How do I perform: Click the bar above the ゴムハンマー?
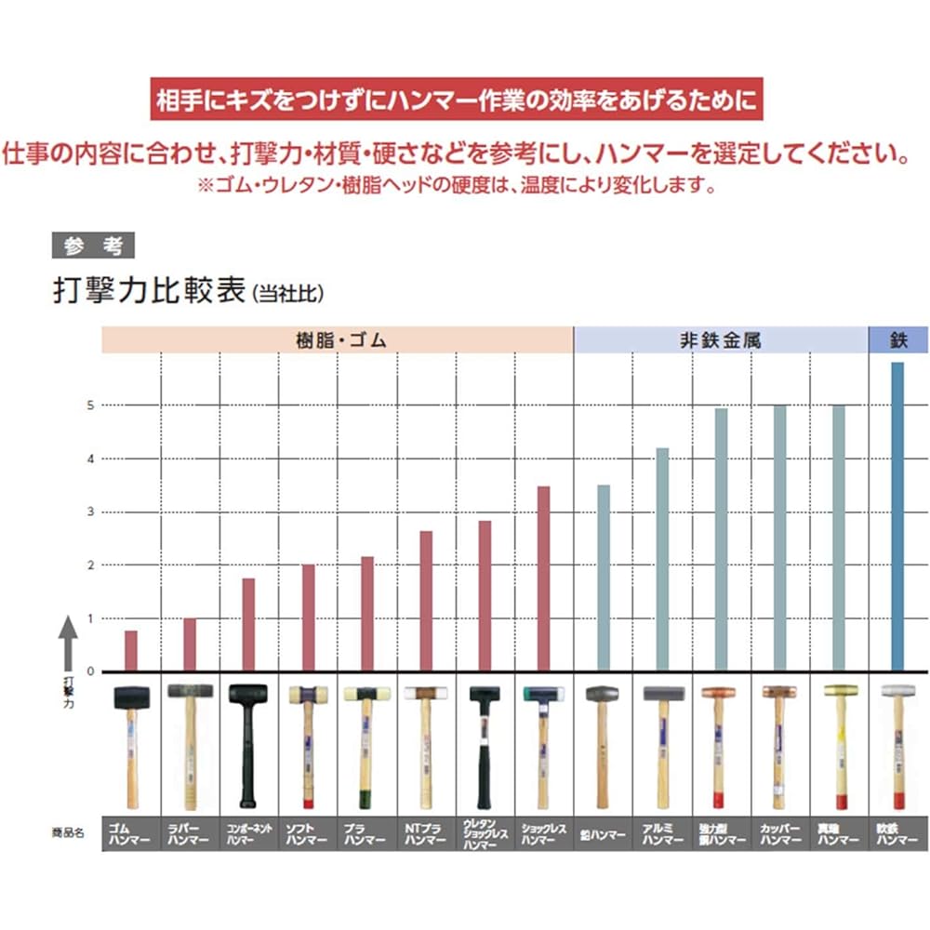(x=131, y=650)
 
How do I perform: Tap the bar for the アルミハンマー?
(x=662, y=559)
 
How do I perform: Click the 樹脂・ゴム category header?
(x=337, y=340)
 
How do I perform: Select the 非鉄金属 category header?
(x=721, y=340)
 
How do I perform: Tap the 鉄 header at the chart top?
(x=897, y=340)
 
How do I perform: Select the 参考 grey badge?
(x=93, y=246)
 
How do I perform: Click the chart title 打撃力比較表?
(x=149, y=291)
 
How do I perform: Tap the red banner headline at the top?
(x=456, y=99)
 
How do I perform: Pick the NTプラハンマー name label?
(x=426, y=833)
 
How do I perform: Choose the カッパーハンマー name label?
(x=779, y=833)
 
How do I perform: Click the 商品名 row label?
(x=68, y=833)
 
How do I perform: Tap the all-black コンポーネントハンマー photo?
(x=248, y=744)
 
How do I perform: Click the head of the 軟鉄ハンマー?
(x=897, y=691)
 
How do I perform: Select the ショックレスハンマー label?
(x=544, y=833)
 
